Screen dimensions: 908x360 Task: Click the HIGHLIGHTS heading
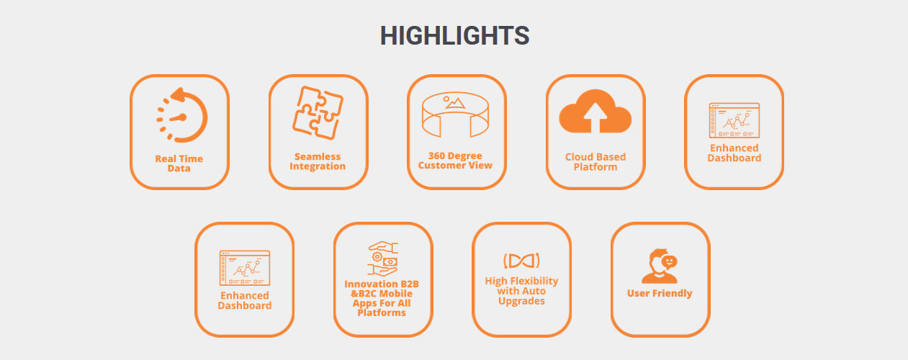[x=454, y=36]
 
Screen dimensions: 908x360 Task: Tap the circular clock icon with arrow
[x=181, y=114]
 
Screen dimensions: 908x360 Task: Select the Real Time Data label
[x=179, y=163]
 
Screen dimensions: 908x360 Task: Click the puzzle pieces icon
[x=318, y=113]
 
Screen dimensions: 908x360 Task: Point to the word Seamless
[x=318, y=156]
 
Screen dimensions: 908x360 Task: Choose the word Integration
[x=318, y=166]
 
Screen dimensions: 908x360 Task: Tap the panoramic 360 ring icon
[x=455, y=114]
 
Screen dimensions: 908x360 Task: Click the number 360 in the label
[x=437, y=156]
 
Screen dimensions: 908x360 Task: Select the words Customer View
[x=455, y=166]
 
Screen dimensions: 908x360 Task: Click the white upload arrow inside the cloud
[x=595, y=117]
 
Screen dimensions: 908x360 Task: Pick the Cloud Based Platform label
[x=595, y=162]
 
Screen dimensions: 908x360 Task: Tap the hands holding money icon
[x=383, y=258]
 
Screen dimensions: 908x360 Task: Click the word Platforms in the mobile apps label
[x=382, y=312]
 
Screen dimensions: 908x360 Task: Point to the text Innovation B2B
[x=382, y=284]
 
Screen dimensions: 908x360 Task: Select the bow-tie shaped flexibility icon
[x=521, y=261]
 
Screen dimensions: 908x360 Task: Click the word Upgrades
[x=522, y=301]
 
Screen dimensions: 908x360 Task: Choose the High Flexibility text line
[x=522, y=281]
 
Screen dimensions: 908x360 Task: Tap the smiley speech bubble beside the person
[x=669, y=262]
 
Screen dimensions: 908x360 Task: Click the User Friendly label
[x=660, y=293]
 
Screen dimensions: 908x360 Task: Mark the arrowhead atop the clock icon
[x=179, y=95]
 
